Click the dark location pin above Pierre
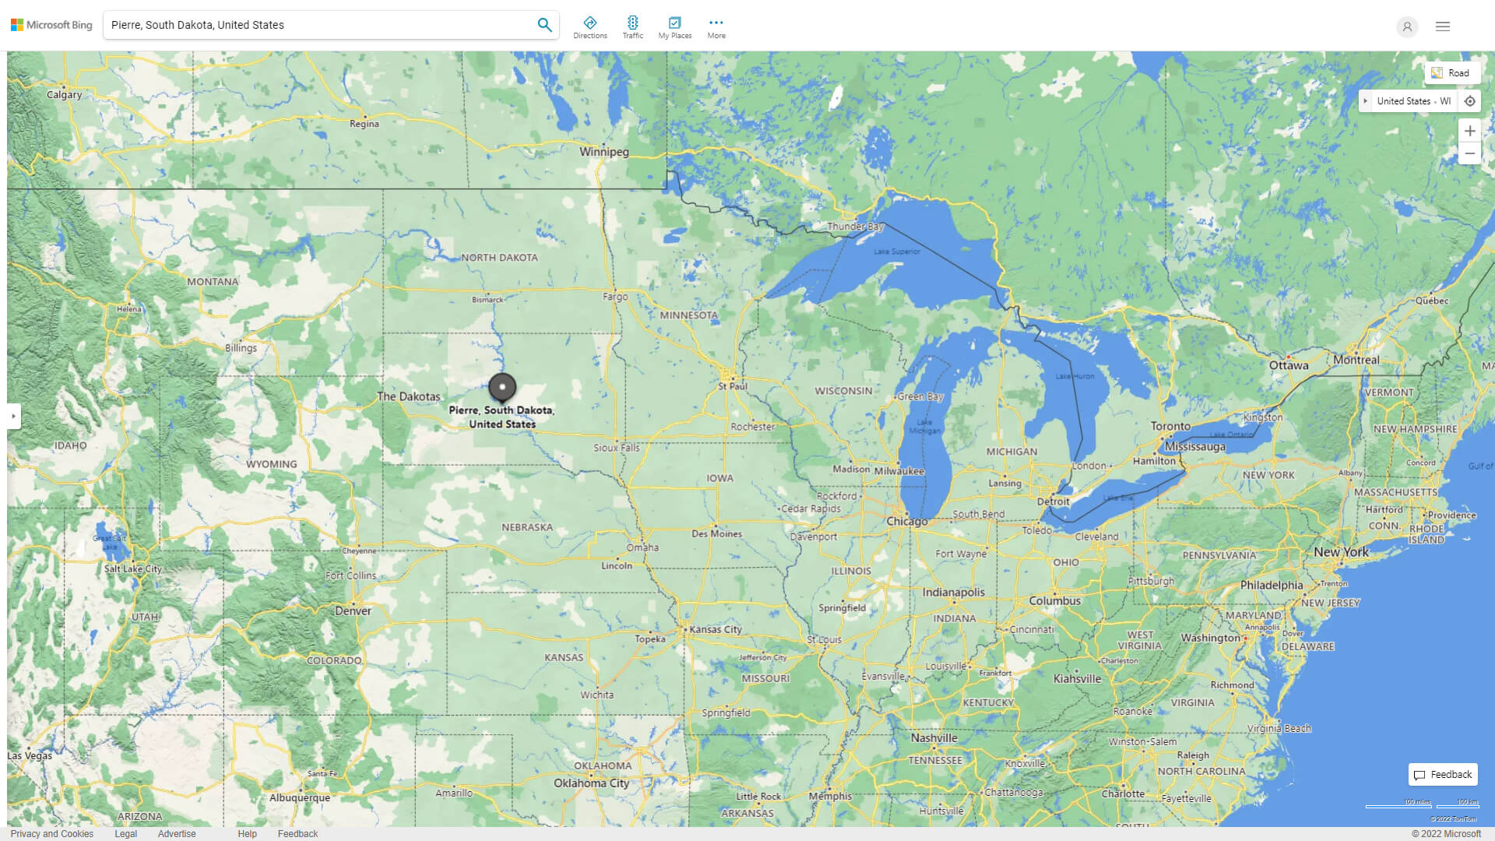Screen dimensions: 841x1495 tap(502, 387)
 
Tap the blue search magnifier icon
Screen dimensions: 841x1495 tap(544, 25)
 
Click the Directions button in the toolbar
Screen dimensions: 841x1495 tap(589, 27)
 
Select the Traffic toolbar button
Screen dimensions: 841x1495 tap(632, 27)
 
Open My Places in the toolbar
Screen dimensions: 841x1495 tap(674, 27)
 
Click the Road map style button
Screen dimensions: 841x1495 tap(1451, 73)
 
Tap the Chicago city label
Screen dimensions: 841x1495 tap(906, 521)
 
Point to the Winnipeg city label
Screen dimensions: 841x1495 tap(603, 152)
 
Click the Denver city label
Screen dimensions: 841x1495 tap(353, 611)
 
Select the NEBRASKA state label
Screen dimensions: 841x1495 tap(527, 527)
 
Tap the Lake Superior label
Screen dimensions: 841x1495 tap(896, 252)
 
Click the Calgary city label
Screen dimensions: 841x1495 tap(64, 95)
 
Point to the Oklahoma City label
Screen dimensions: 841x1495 tap(591, 783)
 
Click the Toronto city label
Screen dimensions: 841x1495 tap(1170, 427)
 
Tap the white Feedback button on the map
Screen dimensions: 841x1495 tap(1443, 775)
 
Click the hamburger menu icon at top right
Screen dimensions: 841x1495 tap(1443, 26)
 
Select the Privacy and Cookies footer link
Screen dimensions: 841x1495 tap(52, 833)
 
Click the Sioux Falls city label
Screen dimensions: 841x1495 tap(616, 448)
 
